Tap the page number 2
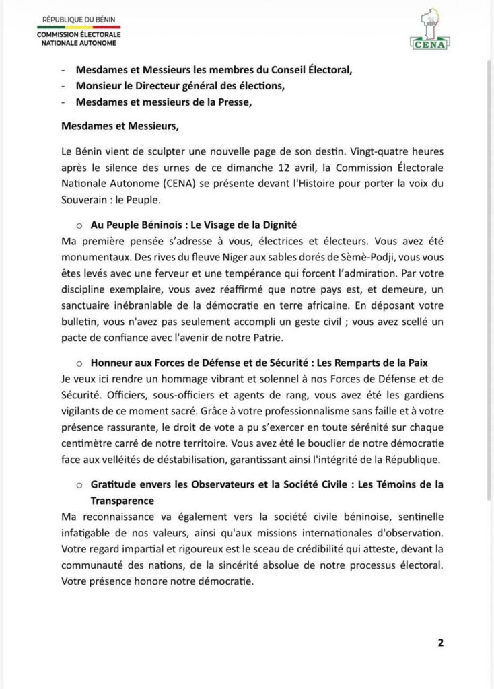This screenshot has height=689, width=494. [441, 642]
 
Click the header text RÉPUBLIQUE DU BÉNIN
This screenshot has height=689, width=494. [77, 22]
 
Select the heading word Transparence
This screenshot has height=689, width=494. [122, 500]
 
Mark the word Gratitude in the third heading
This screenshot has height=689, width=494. [115, 485]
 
